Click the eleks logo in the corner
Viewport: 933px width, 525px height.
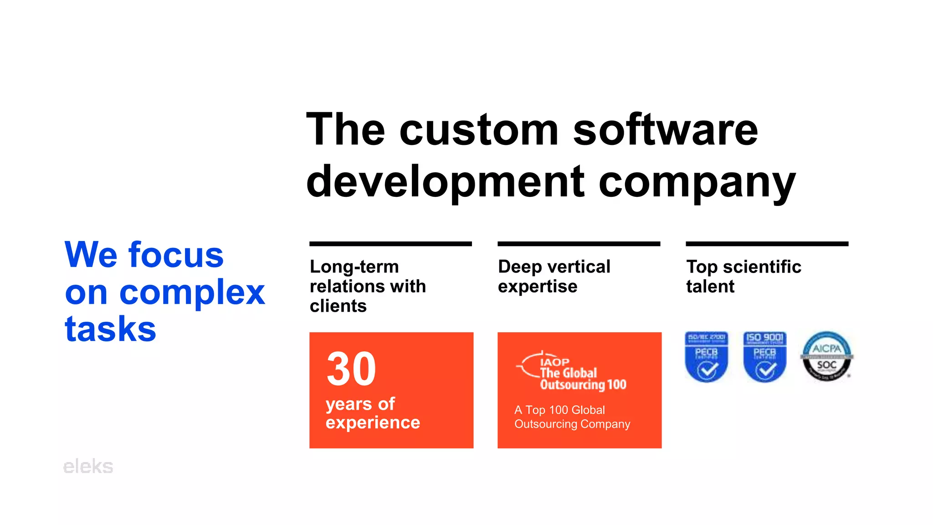click(88, 467)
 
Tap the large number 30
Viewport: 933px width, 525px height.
click(351, 369)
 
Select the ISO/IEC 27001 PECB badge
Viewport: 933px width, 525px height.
click(706, 357)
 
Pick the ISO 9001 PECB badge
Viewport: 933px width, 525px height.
click(764, 357)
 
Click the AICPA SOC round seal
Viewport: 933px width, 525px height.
click(826, 356)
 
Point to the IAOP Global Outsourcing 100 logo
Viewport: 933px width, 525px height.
click(572, 372)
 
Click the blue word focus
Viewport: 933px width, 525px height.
click(176, 255)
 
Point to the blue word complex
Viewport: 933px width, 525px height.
click(192, 293)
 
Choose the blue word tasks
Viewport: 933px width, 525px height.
click(111, 329)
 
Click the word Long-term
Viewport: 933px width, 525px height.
click(354, 267)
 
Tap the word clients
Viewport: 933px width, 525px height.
click(338, 306)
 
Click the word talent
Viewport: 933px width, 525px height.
click(710, 287)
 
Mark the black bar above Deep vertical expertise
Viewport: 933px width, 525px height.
click(579, 244)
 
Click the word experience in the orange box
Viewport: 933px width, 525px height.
click(373, 423)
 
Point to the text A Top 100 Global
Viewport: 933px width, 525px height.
click(559, 410)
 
